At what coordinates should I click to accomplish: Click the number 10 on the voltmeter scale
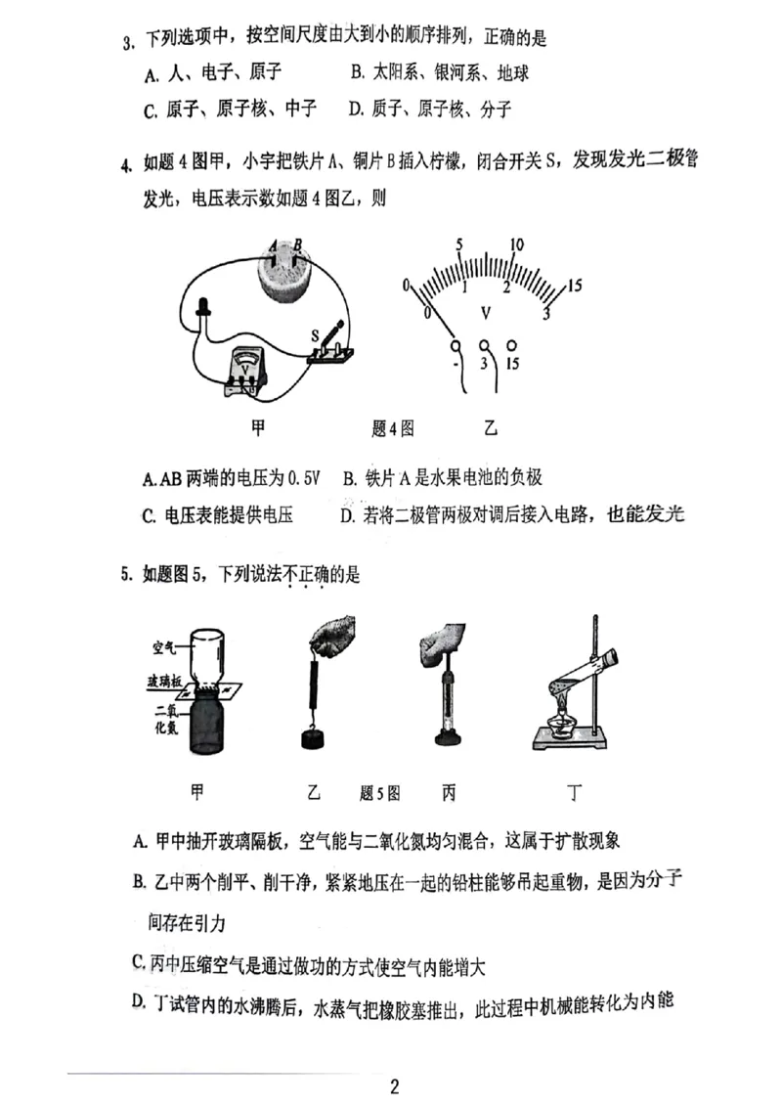[x=518, y=244]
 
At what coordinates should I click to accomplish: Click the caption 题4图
[x=394, y=427]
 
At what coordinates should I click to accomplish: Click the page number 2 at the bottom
[x=394, y=1086]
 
